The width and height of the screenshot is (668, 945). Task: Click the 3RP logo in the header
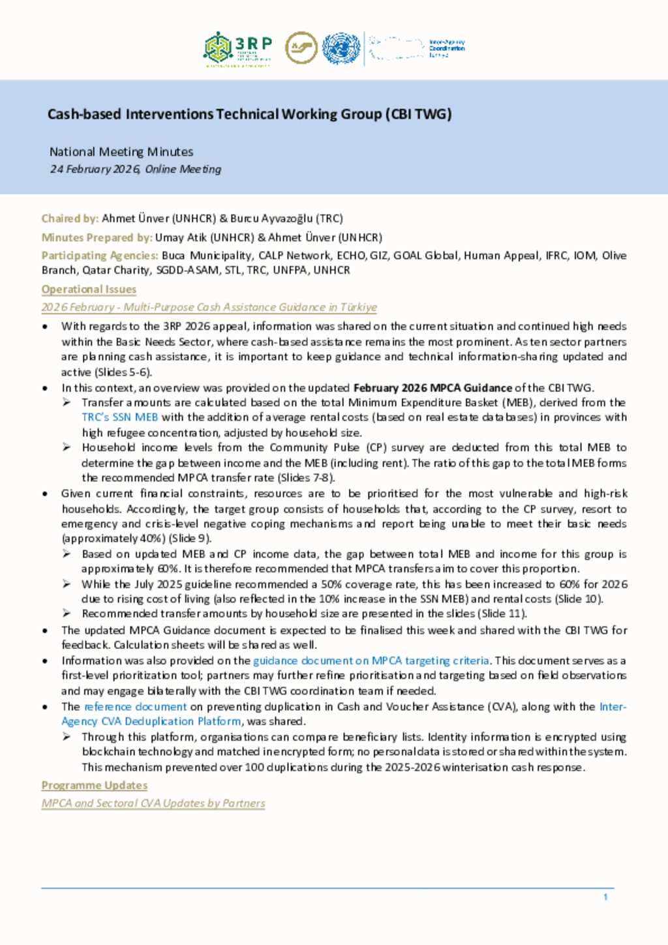click(237, 49)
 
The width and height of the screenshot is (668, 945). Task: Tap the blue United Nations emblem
click(341, 49)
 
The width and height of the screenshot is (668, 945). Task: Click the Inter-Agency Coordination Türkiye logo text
click(446, 48)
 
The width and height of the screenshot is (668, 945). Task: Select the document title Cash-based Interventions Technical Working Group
click(249, 114)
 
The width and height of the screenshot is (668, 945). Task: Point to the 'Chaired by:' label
click(70, 218)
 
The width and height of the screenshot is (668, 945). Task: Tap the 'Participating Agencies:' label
click(100, 256)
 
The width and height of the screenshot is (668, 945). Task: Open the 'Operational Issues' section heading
click(89, 289)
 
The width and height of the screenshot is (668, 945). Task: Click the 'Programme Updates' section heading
click(95, 785)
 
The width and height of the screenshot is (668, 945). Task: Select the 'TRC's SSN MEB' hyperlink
click(120, 417)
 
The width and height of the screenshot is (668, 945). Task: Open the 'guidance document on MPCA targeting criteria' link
click(371, 661)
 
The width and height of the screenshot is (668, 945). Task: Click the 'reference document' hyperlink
click(136, 706)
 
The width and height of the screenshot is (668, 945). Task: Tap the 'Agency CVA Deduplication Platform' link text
click(151, 721)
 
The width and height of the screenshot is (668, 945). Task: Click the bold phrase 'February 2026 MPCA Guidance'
click(433, 387)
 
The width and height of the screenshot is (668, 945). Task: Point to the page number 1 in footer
click(605, 897)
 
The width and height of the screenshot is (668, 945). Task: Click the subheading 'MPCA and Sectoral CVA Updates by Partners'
click(153, 803)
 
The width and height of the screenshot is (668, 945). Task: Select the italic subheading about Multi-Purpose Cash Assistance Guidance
click(209, 307)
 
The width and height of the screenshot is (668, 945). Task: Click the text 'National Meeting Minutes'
click(121, 152)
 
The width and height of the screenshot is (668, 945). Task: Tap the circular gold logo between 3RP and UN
click(301, 48)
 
